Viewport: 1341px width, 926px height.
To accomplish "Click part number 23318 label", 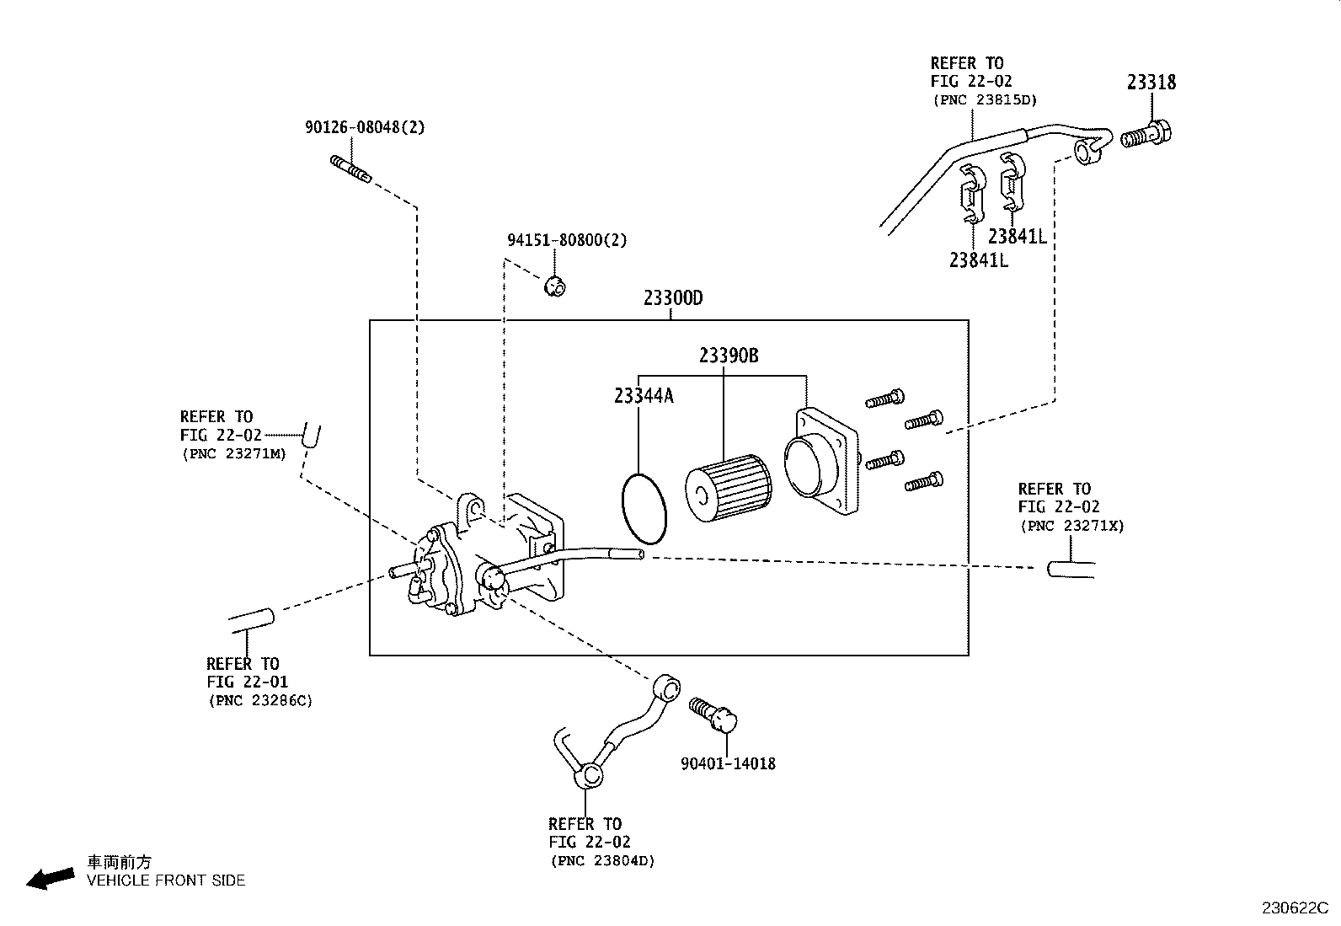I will (x=1151, y=83).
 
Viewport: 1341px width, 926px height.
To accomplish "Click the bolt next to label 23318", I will (x=1147, y=134).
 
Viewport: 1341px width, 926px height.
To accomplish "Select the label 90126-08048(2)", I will (x=365, y=127).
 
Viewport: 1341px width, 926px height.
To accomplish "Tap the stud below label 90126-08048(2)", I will (x=350, y=169).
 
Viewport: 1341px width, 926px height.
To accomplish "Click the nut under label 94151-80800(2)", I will (x=555, y=286).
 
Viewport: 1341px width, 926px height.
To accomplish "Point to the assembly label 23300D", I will (x=672, y=298).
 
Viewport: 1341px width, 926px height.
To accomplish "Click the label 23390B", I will (x=729, y=356).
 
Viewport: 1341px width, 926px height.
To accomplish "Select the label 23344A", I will (x=644, y=395).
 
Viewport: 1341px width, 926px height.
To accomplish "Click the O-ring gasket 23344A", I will (x=644, y=509).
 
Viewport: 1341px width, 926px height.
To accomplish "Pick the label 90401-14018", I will (x=728, y=764).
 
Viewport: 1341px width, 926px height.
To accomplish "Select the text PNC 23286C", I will (x=260, y=701).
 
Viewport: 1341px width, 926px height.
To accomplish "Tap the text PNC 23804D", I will (x=602, y=861).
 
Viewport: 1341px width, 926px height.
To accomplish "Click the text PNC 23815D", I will (x=984, y=99).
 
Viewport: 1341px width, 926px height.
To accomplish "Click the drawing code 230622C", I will (x=1294, y=908).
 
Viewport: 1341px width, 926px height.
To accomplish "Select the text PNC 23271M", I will (x=234, y=453).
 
